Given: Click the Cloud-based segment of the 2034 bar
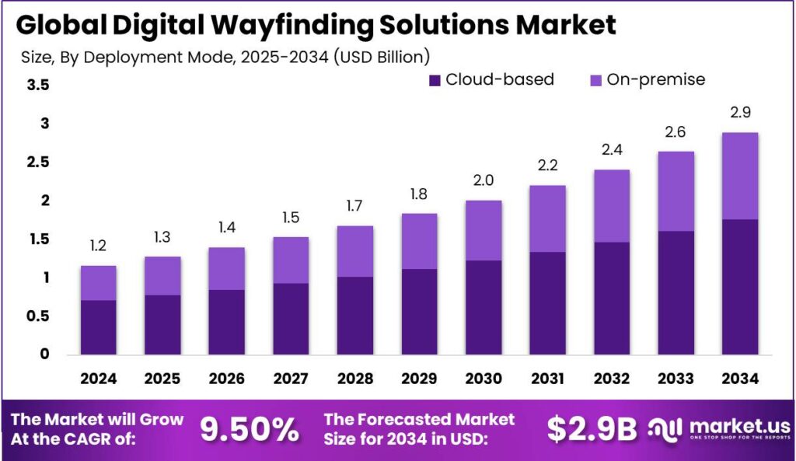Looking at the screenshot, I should coord(739,287).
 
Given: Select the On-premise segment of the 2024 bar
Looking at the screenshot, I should coord(99,283).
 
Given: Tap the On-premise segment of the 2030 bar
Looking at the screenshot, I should coord(484,230).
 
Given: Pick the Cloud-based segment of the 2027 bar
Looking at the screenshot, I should coord(291,319).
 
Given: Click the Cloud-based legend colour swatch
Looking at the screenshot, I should coord(435,79).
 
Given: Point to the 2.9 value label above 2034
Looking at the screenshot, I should coord(739,114).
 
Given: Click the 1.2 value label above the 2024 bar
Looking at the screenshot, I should coord(99,246).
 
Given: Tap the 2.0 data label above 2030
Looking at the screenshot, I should coord(484,181).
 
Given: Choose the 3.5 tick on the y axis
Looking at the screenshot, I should coord(38,85).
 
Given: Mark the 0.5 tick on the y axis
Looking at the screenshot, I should coord(38,316).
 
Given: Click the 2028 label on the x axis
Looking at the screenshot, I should coord(355,378).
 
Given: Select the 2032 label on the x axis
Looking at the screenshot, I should coord(611,378).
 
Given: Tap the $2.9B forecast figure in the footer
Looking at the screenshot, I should coord(592,428).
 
